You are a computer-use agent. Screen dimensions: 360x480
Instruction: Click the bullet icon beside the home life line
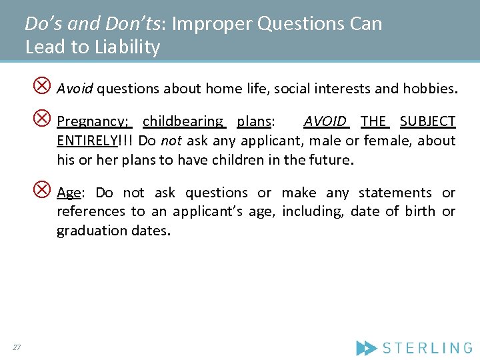(x=42, y=85)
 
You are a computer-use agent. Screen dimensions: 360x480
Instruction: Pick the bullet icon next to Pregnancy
(x=42, y=119)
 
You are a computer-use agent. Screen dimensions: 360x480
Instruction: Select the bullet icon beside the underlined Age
(x=42, y=190)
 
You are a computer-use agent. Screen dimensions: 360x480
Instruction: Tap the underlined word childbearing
(x=183, y=121)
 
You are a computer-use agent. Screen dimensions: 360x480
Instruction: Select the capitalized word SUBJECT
(x=427, y=121)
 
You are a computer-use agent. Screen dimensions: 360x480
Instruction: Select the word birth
(x=417, y=211)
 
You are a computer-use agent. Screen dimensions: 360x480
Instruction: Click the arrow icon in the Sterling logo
(x=366, y=347)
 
